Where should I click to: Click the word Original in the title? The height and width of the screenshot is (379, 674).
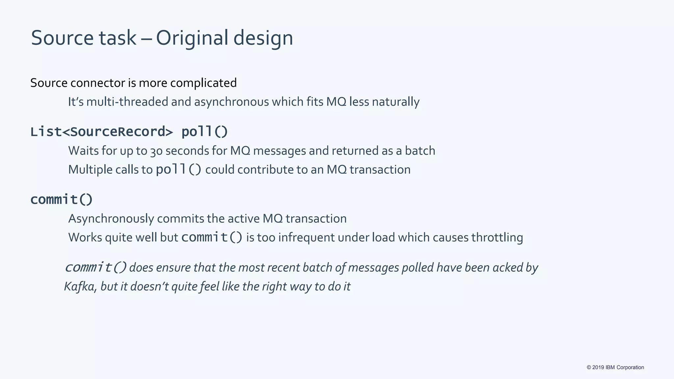point(192,38)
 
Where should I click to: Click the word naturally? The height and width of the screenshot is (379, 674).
point(396,102)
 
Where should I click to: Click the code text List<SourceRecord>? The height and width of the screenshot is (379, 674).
point(101,132)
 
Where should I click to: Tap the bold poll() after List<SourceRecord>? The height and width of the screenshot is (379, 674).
point(204,132)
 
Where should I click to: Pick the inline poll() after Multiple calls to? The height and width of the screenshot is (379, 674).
point(178,170)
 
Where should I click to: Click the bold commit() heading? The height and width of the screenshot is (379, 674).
point(62,200)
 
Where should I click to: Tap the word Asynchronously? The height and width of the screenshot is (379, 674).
point(111,219)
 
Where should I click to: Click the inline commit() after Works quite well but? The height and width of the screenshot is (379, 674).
point(212,238)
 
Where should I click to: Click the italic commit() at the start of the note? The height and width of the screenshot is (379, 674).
point(95,267)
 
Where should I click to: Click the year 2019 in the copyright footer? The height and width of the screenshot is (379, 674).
point(598,367)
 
